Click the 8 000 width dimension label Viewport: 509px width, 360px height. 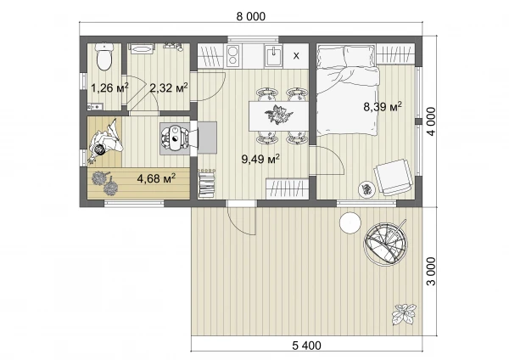click(x=250, y=16)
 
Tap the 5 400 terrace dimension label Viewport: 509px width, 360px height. click(x=306, y=346)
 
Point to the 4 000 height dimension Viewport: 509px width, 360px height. click(x=431, y=121)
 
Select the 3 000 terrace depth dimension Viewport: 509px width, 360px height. click(x=431, y=271)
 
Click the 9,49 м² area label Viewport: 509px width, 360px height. click(x=260, y=159)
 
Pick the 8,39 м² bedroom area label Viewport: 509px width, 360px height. click(x=383, y=106)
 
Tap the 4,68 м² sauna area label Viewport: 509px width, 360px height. click(x=156, y=178)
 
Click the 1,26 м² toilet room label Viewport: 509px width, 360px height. click(x=109, y=87)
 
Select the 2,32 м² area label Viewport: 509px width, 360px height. click(x=169, y=87)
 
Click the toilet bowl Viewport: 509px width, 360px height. click(x=104, y=57)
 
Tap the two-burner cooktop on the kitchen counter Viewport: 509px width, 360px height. click(x=232, y=56)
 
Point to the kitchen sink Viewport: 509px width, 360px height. click(x=274, y=55)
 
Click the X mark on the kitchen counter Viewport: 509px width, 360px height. click(x=296, y=56)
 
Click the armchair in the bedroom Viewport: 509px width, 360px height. click(x=393, y=177)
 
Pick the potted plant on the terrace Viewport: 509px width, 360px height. click(x=404, y=313)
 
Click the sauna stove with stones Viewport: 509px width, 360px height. click(x=175, y=138)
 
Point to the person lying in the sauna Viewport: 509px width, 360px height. click(x=105, y=141)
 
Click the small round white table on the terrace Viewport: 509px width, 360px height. click(x=350, y=222)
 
